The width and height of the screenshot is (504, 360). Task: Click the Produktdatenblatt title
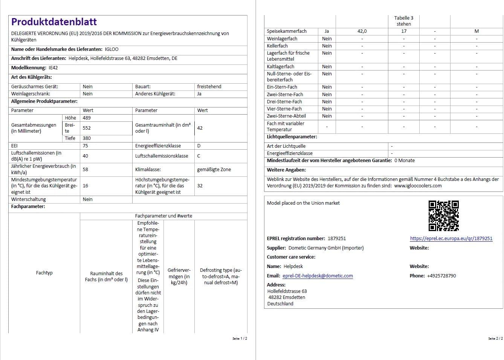coord(54,22)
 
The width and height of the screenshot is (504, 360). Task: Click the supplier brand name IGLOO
coord(111,49)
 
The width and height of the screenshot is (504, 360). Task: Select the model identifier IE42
coord(53,68)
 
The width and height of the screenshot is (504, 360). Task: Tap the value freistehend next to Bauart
coord(209,87)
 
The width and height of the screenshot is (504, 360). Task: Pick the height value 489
coord(87,118)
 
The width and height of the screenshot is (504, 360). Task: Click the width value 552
coord(87,128)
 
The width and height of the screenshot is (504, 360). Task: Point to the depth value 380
coord(87,138)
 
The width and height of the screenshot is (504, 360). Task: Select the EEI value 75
coord(86,146)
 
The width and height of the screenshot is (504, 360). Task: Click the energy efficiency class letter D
coord(199,146)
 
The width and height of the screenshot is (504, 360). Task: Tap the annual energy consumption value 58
coord(86,170)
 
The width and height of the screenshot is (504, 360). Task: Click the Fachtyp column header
coord(44,273)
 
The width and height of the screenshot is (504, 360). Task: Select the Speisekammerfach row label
coord(287,31)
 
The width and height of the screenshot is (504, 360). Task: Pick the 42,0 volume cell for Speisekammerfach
coord(362,31)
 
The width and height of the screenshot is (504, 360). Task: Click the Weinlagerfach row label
coord(282,39)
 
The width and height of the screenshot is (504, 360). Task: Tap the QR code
coord(443,216)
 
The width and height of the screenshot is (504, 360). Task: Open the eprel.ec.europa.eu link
coord(451,239)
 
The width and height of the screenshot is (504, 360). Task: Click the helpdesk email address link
coord(318,276)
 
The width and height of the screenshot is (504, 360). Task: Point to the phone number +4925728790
coord(441,276)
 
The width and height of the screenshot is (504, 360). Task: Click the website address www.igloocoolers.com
coord(418,186)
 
